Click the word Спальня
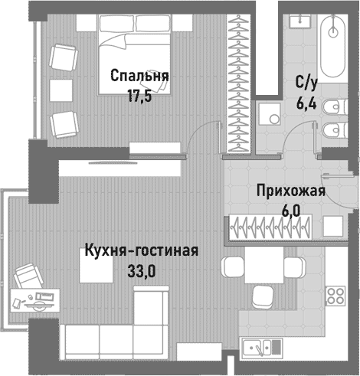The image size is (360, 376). (139, 77)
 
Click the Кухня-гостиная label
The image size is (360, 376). (142, 251)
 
